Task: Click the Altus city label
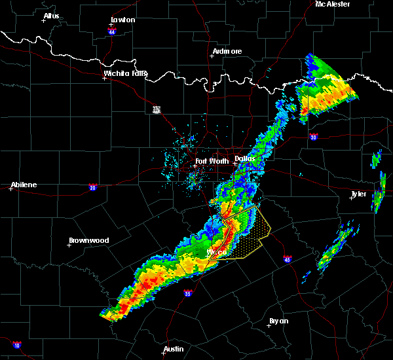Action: tap(51, 16)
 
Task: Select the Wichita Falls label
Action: tap(126, 74)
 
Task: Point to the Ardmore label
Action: tap(227, 51)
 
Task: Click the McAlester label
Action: tap(332, 4)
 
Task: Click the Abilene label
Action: tap(24, 185)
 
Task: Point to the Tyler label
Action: tap(359, 194)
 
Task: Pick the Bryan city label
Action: tap(278, 321)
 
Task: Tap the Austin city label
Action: tap(174, 349)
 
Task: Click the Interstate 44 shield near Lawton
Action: tap(112, 31)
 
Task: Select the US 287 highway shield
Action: tap(157, 109)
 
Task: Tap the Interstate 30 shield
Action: tap(314, 137)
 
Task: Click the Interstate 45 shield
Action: tap(288, 259)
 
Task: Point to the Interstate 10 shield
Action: tap(17, 345)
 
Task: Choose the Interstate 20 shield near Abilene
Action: tap(92, 187)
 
